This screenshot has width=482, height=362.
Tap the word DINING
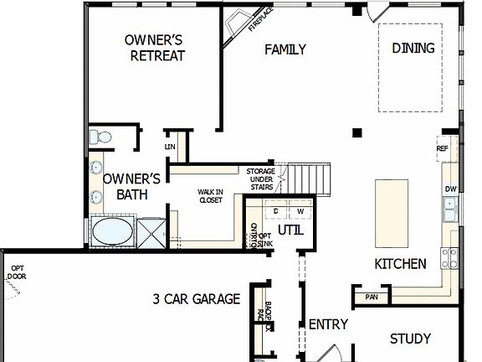[x=413, y=48]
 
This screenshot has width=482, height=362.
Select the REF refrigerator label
[x=443, y=149]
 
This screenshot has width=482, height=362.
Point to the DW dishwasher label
[x=450, y=189]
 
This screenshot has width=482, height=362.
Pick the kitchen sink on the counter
[x=452, y=211]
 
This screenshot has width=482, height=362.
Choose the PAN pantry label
[x=372, y=297]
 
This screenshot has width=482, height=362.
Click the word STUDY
[x=411, y=339]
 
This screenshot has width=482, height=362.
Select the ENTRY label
[x=328, y=324]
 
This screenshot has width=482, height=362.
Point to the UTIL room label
[x=290, y=230]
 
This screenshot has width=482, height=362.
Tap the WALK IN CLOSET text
[x=210, y=196]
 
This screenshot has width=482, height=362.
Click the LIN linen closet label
[x=170, y=147]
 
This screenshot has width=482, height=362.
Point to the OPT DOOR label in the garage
[x=17, y=272]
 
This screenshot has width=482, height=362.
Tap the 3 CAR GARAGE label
[x=196, y=299]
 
